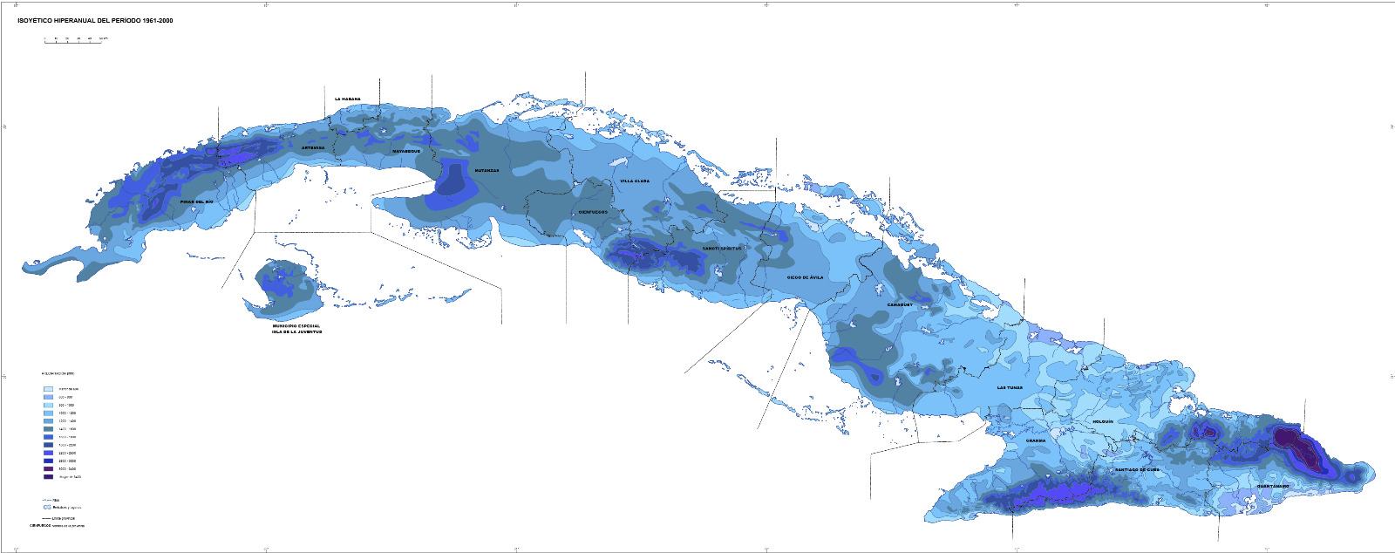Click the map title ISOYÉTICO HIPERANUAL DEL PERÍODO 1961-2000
(95, 20)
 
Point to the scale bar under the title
(73, 41)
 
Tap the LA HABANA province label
(348, 99)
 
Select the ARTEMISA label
(313, 148)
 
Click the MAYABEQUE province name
(406, 151)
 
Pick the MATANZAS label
(487, 171)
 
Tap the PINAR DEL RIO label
(196, 201)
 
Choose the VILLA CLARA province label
(635, 181)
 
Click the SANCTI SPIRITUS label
(722, 249)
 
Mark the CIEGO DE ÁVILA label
(805, 277)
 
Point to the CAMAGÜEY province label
(901, 304)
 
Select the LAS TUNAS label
(1011, 387)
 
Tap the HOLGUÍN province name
(1103, 421)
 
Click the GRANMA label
(1036, 440)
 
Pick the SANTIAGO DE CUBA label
(1137, 469)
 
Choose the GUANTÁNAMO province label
(1273, 486)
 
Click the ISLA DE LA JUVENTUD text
(296, 332)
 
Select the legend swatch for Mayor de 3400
(49, 477)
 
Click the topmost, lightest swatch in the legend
(49, 389)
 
